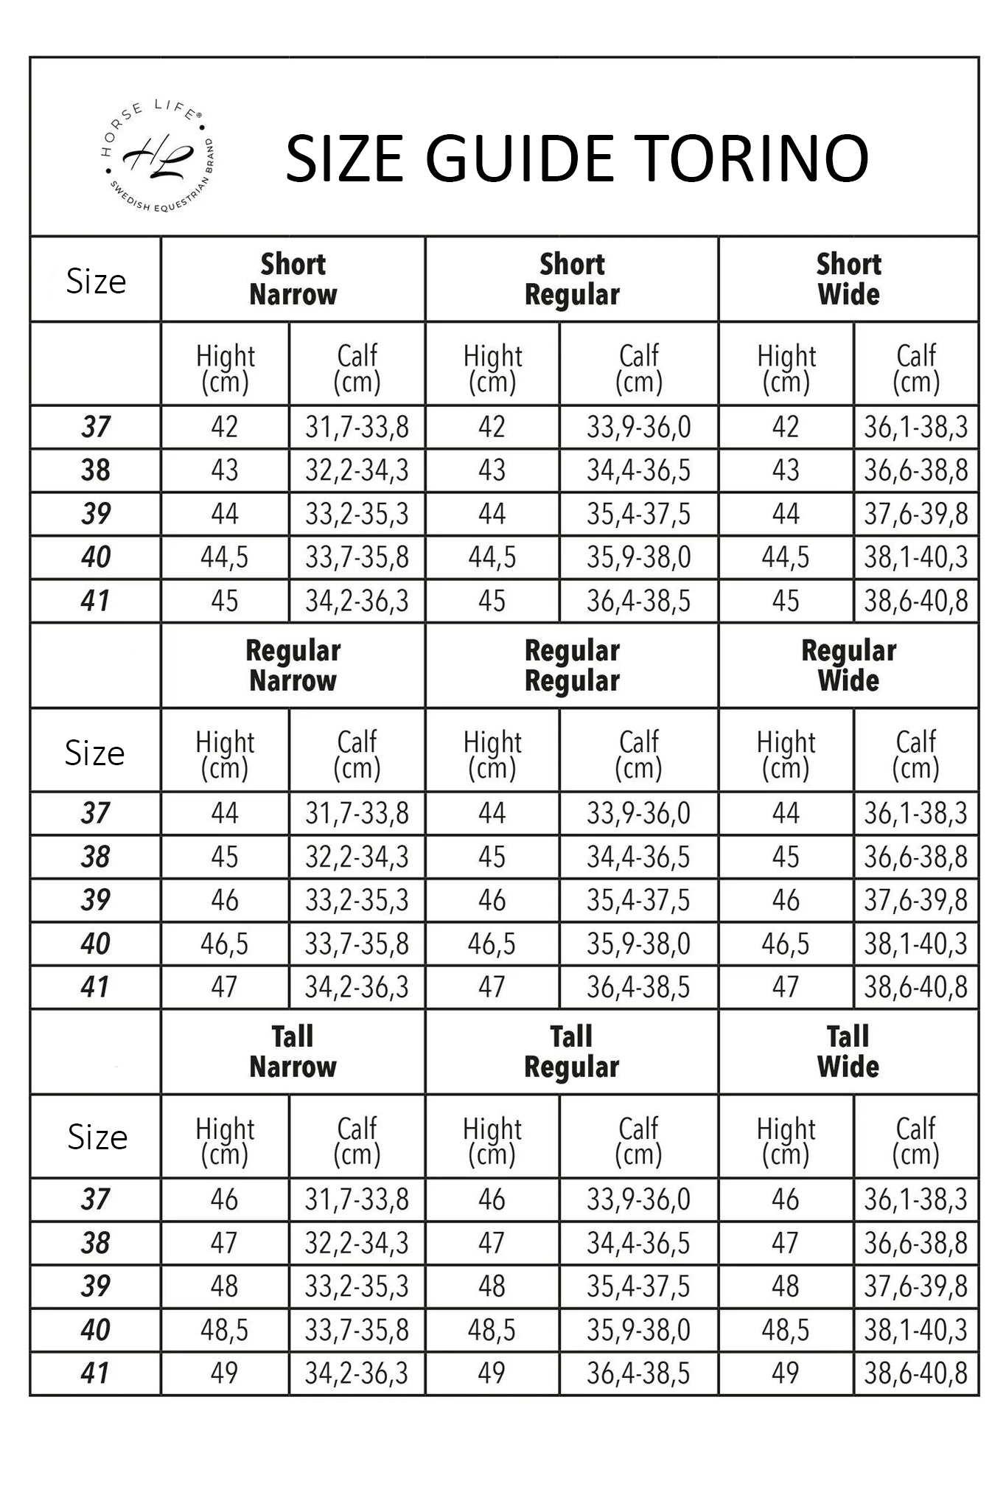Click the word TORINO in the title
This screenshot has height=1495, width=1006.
pyautogui.click(x=751, y=158)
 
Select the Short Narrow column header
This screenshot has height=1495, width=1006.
pyautogui.click(x=293, y=279)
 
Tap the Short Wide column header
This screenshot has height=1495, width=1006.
pyautogui.click(x=848, y=279)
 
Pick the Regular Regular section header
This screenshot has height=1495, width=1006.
pyautogui.click(x=572, y=666)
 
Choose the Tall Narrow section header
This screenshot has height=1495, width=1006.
pyautogui.click(x=293, y=1052)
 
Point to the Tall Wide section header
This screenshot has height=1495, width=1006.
pyautogui.click(x=848, y=1052)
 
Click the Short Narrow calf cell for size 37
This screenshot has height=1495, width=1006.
pyautogui.click(x=357, y=427)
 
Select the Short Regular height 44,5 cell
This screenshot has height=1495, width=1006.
pyautogui.click(x=492, y=557)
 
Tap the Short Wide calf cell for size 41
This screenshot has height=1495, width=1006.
pyautogui.click(x=916, y=601)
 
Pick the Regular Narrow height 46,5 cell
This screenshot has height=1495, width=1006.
pyautogui.click(x=224, y=944)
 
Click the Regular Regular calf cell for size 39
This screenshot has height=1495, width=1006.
pyautogui.click(x=638, y=900)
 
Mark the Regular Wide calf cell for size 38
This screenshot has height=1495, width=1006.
pyautogui.click(x=916, y=857)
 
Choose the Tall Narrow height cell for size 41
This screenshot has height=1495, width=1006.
pyautogui.click(x=224, y=1373)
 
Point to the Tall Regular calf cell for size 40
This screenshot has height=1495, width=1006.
pyautogui.click(x=638, y=1330)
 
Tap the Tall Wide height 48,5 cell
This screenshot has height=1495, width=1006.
pyautogui.click(x=786, y=1330)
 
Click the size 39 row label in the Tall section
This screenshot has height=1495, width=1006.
pyautogui.click(x=96, y=1286)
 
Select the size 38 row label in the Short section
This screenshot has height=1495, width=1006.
pyautogui.click(x=96, y=470)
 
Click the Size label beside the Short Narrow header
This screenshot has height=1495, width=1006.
pyautogui.click(x=96, y=281)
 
